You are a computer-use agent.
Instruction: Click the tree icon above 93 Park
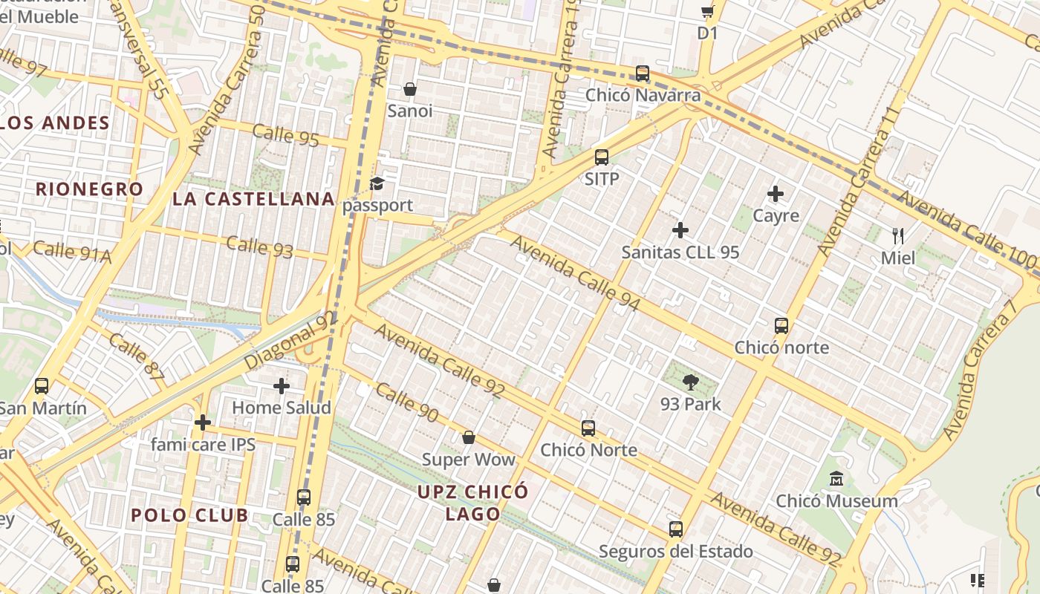click(x=691, y=383)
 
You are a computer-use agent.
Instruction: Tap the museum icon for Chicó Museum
click(x=836, y=479)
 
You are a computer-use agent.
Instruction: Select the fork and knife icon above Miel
click(x=898, y=237)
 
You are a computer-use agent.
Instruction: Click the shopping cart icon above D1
click(x=707, y=11)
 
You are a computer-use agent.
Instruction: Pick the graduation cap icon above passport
click(x=377, y=183)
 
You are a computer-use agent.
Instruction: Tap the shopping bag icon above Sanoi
click(x=409, y=90)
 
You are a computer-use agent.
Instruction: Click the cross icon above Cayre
click(x=776, y=195)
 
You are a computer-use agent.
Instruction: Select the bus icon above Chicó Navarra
click(x=643, y=74)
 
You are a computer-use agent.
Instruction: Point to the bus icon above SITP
click(x=602, y=157)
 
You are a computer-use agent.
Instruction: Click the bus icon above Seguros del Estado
click(x=676, y=529)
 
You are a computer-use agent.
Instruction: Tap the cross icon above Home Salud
click(x=282, y=386)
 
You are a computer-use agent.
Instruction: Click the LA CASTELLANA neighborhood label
click(x=253, y=199)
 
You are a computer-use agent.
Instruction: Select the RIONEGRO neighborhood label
click(x=89, y=189)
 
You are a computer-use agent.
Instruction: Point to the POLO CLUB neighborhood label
click(x=189, y=515)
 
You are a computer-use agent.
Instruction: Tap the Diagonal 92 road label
click(x=290, y=340)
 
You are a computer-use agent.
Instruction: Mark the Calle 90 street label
click(x=406, y=402)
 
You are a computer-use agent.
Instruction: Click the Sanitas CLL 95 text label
click(x=680, y=252)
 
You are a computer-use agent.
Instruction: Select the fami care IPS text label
click(x=203, y=445)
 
